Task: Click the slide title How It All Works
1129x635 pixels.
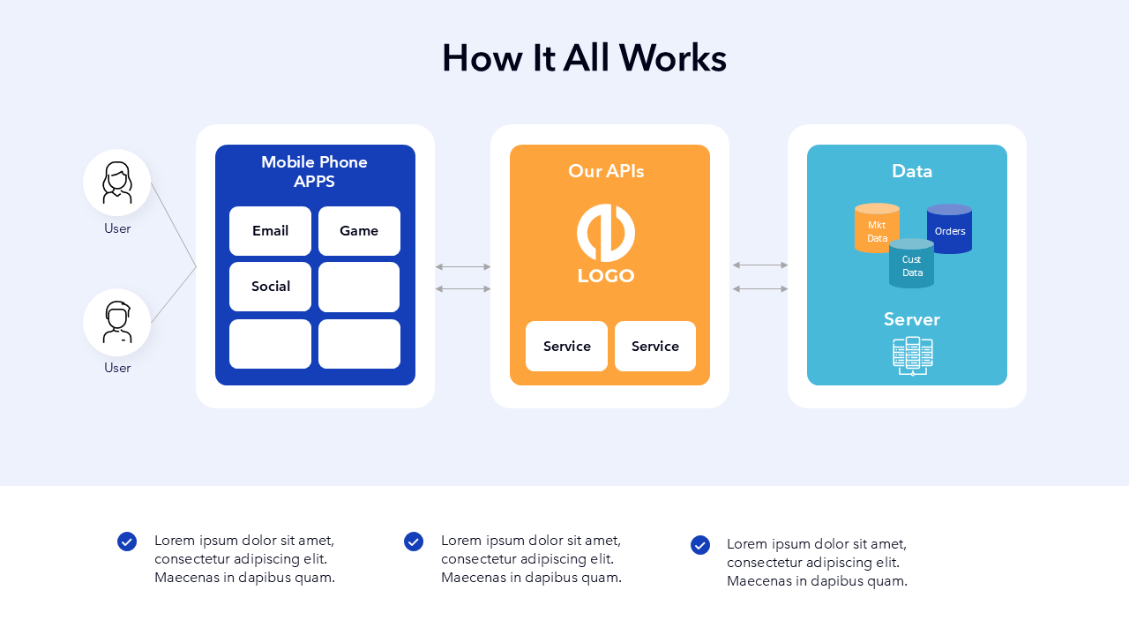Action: [x=584, y=58]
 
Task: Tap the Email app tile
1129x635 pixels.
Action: [x=270, y=231]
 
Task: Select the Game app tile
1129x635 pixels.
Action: [x=359, y=231]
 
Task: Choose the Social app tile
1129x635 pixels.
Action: [x=270, y=287]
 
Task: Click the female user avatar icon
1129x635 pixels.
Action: [x=117, y=183]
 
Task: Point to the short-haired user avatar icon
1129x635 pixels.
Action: [x=117, y=322]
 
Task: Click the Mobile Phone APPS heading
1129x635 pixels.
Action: [x=314, y=172]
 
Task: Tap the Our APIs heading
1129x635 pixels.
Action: [x=606, y=171]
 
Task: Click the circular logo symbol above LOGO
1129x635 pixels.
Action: [x=606, y=233]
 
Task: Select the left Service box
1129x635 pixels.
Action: [x=566, y=347]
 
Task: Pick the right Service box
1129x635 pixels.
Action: [x=655, y=347]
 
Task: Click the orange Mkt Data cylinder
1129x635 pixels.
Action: [x=876, y=229]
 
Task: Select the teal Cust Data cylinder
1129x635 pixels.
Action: [x=911, y=265]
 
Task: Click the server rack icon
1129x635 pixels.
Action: [x=912, y=356]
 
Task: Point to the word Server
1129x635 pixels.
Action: [x=912, y=319]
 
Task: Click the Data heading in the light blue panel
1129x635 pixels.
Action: [x=912, y=171]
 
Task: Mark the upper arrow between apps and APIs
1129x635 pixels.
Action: [x=463, y=266]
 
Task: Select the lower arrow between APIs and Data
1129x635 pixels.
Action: [x=760, y=288]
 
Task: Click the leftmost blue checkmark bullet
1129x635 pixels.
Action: [x=127, y=542]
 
